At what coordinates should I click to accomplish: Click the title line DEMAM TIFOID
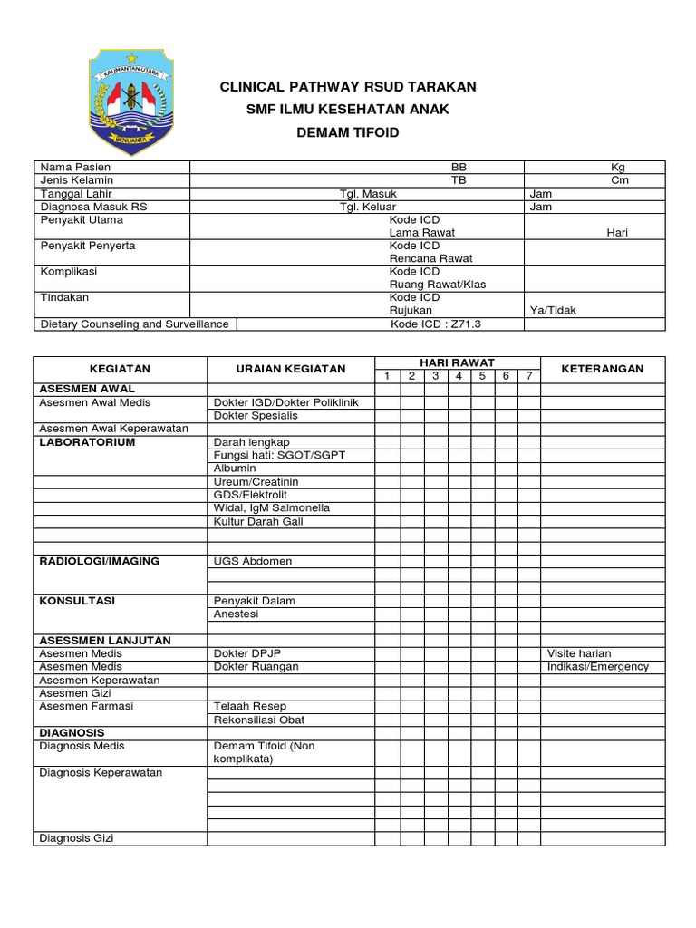[349, 133]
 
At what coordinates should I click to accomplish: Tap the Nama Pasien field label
[75, 168]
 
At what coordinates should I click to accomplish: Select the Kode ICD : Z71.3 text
[436, 324]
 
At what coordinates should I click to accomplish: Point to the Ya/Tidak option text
[552, 310]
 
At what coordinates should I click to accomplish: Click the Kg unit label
[617, 168]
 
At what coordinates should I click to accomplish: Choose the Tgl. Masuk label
[368, 193]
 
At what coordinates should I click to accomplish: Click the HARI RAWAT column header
[458, 362]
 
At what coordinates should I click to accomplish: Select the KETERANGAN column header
[603, 369]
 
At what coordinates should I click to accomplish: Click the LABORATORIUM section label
[87, 442]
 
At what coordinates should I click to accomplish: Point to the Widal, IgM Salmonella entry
[272, 508]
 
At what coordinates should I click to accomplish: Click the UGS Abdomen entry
[253, 561]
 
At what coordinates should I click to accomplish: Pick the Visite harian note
[579, 653]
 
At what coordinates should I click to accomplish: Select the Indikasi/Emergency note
[598, 667]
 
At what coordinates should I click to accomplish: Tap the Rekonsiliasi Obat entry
[259, 720]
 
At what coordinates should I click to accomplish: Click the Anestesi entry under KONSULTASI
[237, 614]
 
